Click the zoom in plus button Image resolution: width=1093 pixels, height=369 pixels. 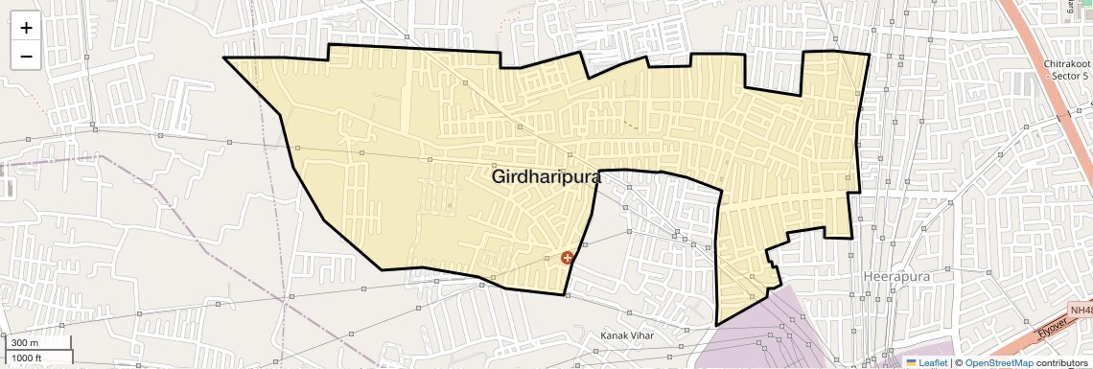26,27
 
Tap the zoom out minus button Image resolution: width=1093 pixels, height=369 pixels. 26,56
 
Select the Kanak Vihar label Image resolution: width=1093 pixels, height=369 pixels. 627,335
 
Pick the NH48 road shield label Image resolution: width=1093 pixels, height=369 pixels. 1081,310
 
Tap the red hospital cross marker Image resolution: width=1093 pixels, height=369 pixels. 568,257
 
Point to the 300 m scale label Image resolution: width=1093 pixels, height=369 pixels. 25,343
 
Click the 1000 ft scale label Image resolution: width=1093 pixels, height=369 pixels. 29,357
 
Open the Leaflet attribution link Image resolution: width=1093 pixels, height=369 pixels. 932,363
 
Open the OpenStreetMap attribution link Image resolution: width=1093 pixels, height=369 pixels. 999,363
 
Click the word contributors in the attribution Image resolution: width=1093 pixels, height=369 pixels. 1062,363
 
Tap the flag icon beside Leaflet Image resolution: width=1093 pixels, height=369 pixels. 912,363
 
